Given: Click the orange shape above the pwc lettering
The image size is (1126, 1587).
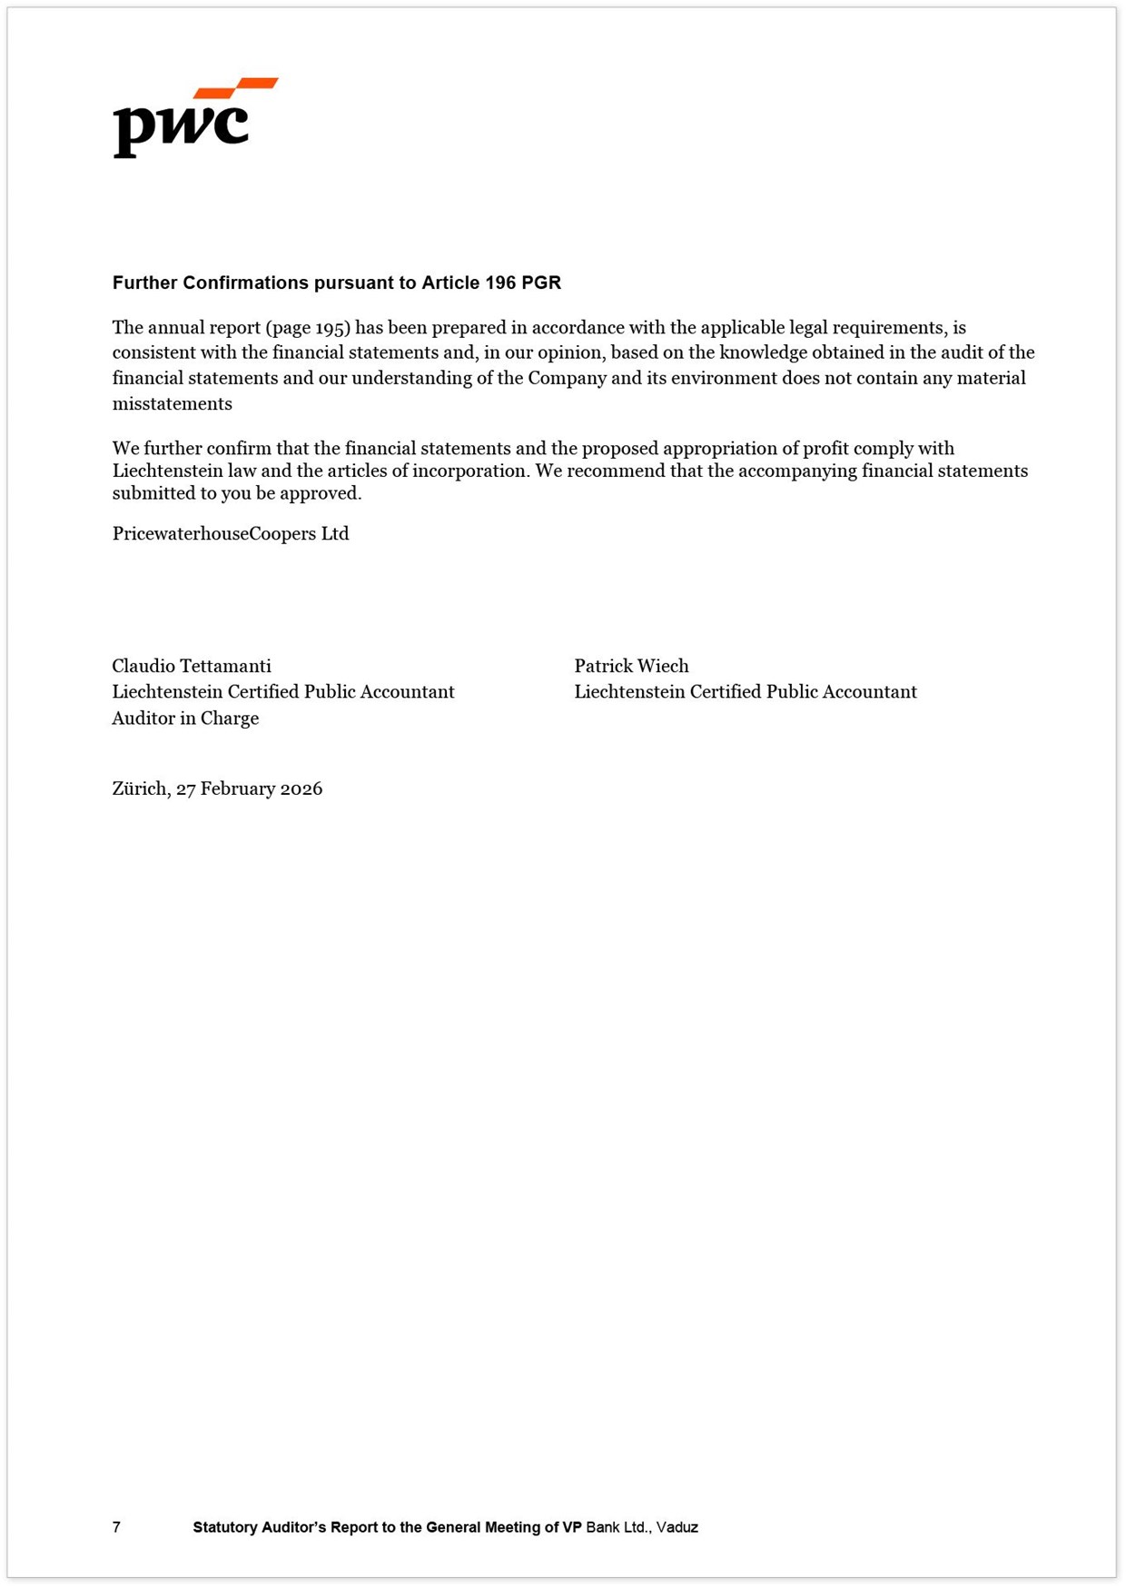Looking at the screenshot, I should pyautogui.click(x=238, y=87).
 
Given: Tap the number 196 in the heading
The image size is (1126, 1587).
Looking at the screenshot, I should pyautogui.click(x=500, y=283).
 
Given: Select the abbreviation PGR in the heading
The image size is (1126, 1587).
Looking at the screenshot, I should pyautogui.click(x=541, y=283).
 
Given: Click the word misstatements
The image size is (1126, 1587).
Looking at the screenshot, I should pyautogui.click(x=172, y=404).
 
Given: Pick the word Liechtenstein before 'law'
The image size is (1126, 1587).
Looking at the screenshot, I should pyautogui.click(x=167, y=471).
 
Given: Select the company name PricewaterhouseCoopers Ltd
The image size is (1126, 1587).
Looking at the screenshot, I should pyautogui.click(x=231, y=534).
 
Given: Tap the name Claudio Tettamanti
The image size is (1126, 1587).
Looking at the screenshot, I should pyautogui.click(x=192, y=666).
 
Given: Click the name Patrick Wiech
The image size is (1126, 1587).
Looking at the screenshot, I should pyautogui.click(x=631, y=666).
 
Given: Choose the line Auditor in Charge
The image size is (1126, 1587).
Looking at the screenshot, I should pyautogui.click(x=185, y=719).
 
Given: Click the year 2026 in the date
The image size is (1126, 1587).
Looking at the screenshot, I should pyautogui.click(x=301, y=789).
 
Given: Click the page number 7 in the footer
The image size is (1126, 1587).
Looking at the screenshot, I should pyautogui.click(x=116, y=1527).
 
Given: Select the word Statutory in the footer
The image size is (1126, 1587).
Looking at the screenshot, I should pyautogui.click(x=224, y=1527).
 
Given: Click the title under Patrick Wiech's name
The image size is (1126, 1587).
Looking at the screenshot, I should pyautogui.click(x=745, y=692).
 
